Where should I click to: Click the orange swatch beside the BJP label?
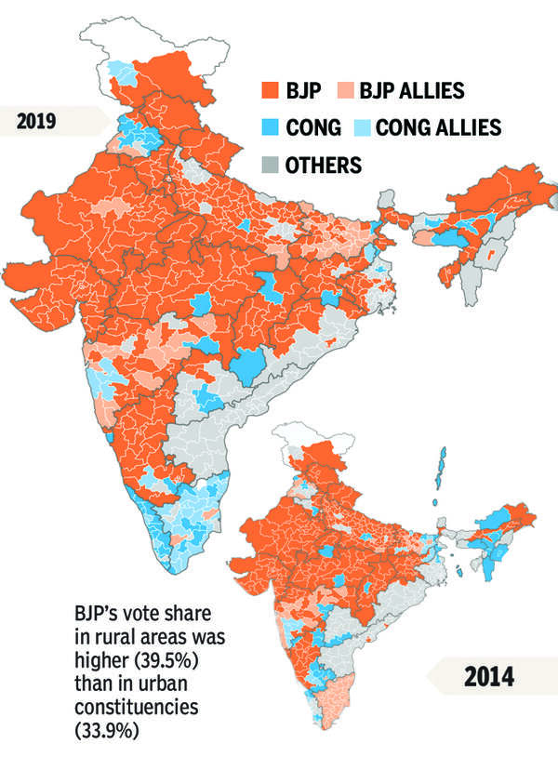coord(271,91)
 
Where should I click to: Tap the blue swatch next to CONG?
coord(271,128)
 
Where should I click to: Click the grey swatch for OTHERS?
coord(271,166)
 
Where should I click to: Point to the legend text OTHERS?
coord(324,166)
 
